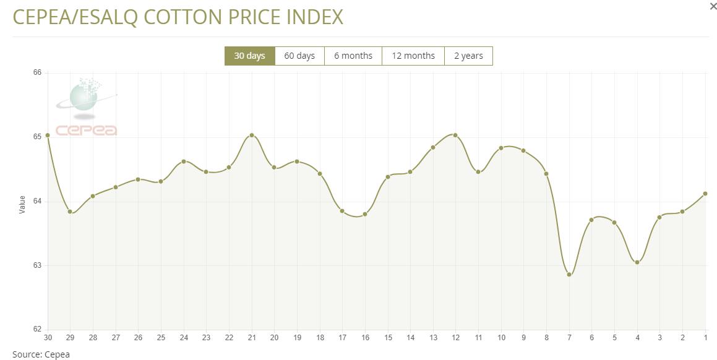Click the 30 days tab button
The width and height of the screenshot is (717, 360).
[249, 56]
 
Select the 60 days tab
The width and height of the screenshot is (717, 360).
[299, 56]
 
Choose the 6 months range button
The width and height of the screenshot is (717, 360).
[353, 56]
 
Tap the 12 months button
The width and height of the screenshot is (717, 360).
[413, 56]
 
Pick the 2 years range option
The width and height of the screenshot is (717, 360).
[468, 56]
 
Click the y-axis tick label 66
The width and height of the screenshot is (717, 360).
[37, 73]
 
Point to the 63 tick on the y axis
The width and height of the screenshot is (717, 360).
[37, 265]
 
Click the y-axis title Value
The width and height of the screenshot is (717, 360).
[22, 205]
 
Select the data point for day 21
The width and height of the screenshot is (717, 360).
[252, 135]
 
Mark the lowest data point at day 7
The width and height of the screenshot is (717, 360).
[569, 275]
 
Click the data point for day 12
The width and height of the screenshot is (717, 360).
[455, 135]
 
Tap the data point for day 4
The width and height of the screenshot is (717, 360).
[637, 262]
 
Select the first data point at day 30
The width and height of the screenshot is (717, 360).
[48, 135]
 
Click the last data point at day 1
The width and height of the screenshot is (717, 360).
[705, 194]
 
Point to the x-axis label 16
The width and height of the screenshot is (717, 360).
[365, 338]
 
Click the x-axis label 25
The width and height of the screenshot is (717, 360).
[161, 338]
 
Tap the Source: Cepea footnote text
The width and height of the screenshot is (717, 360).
[41, 354]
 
